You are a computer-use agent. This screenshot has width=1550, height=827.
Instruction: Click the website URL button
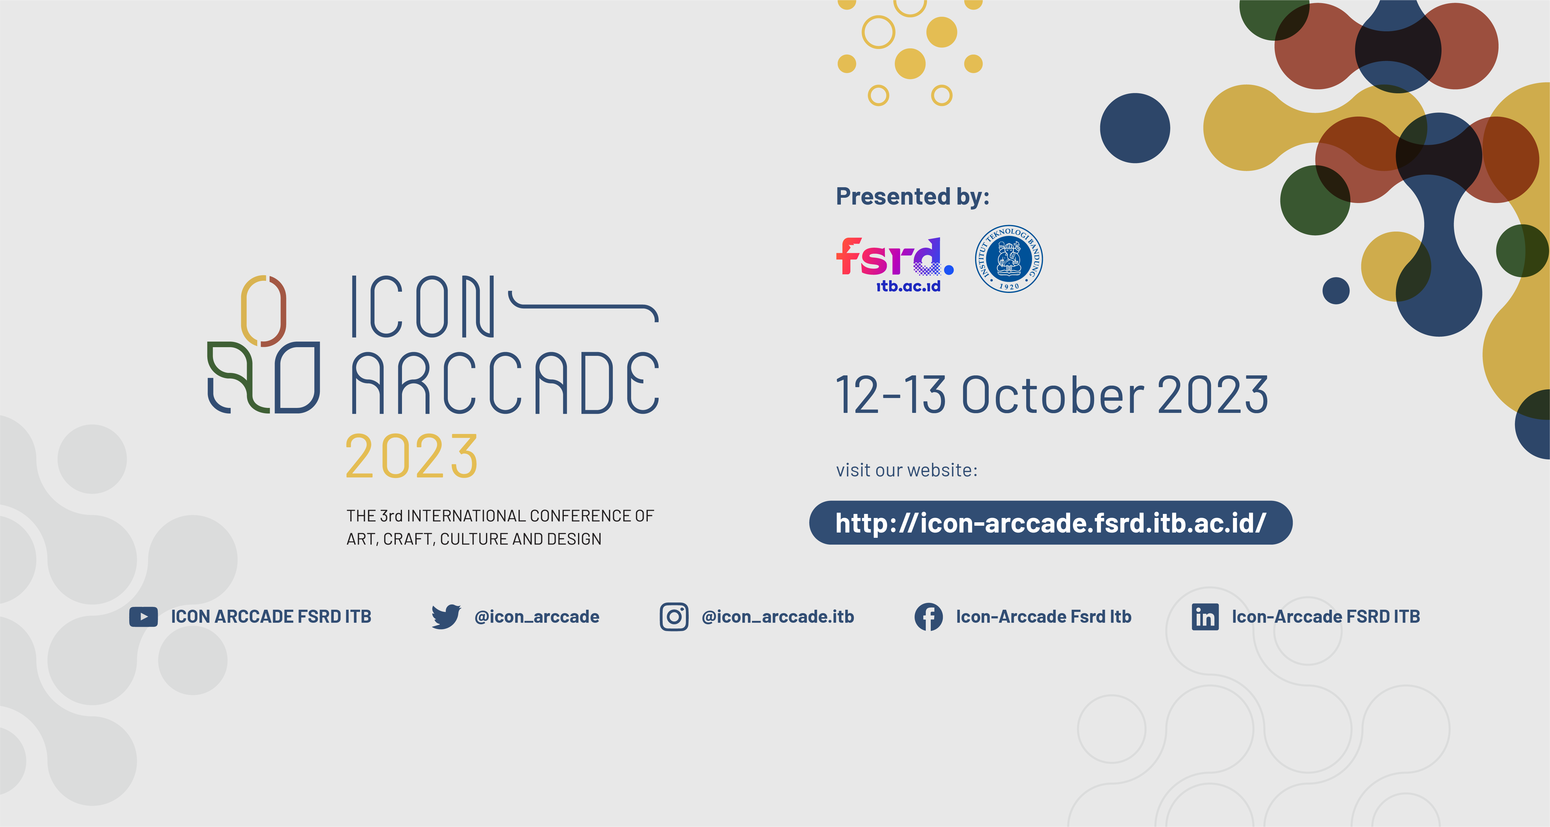click(1051, 522)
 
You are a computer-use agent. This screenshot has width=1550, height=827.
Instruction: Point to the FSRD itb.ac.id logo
click(894, 263)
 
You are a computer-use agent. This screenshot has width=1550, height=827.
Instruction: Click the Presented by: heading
click(912, 196)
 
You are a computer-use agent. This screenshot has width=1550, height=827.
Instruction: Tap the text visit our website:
click(906, 470)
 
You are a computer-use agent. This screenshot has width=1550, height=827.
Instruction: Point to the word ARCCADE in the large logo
click(506, 384)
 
